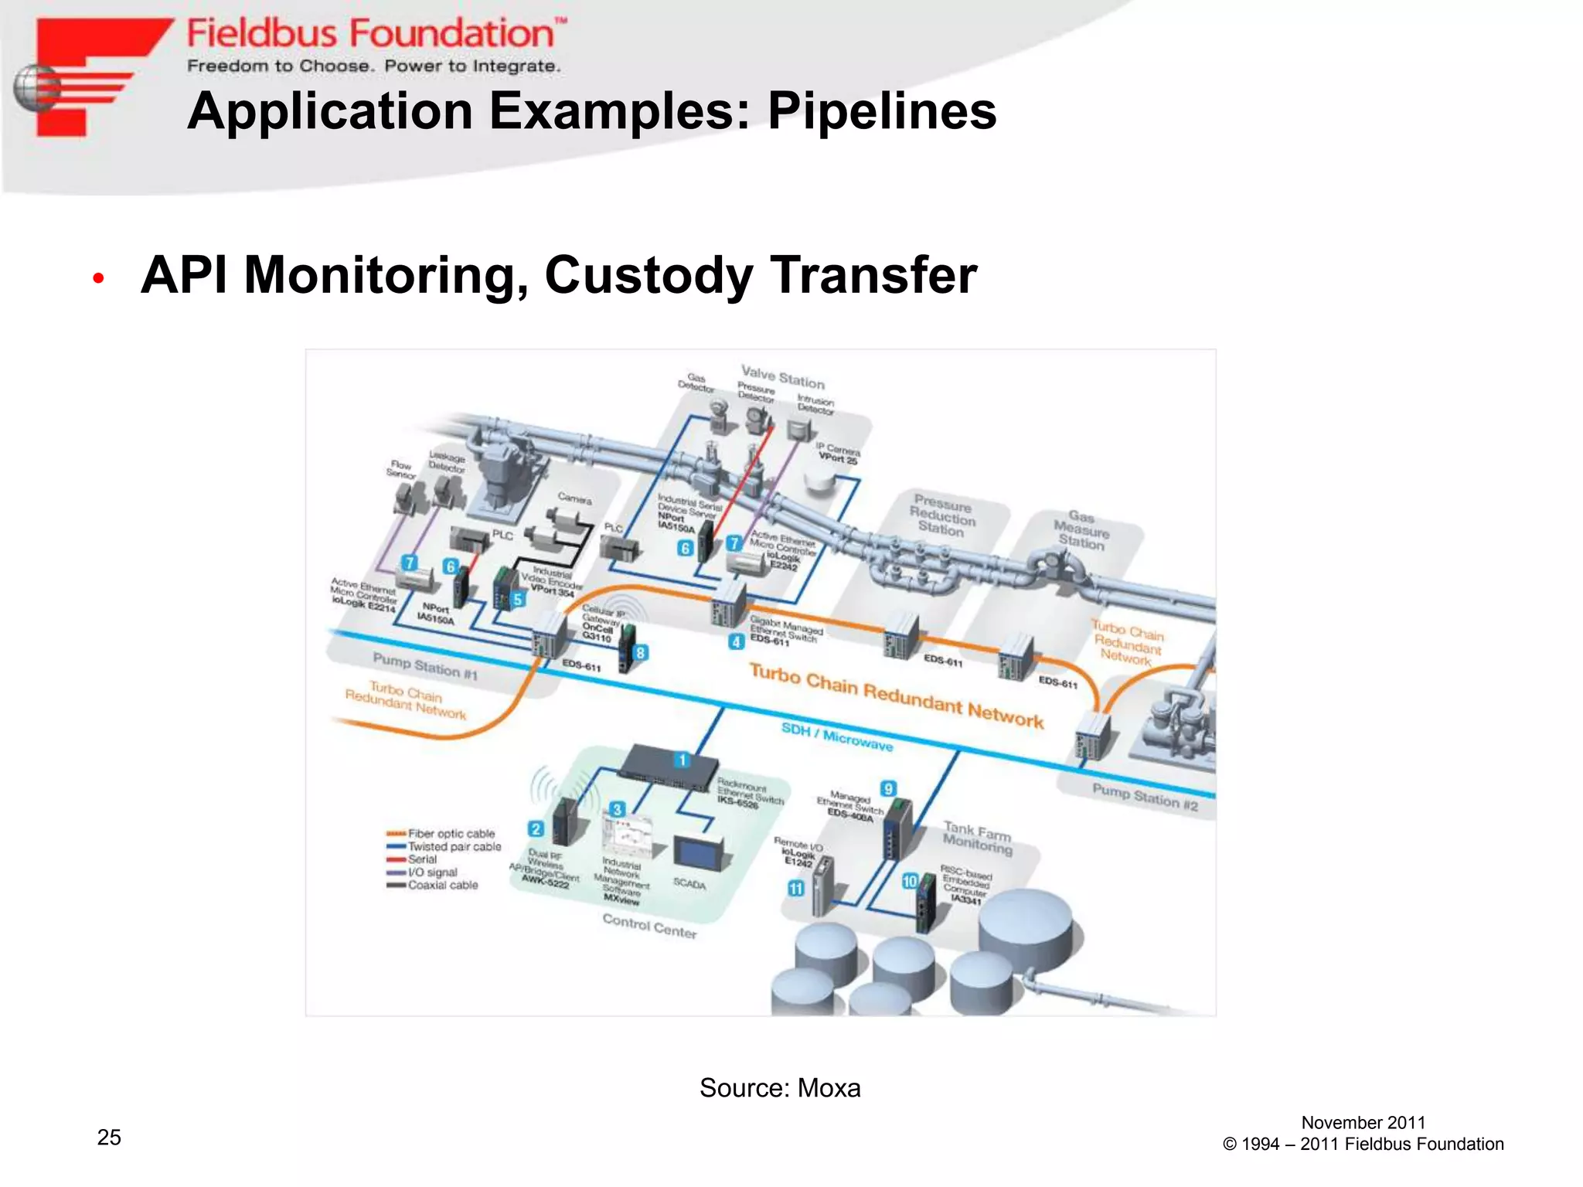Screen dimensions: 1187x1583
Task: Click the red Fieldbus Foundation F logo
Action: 85,77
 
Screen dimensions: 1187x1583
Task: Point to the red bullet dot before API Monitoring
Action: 98,279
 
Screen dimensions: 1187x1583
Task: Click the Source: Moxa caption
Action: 779,1088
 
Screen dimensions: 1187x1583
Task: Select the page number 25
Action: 109,1137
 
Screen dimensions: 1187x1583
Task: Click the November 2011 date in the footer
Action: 1363,1123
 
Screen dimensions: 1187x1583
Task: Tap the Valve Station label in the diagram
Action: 782,377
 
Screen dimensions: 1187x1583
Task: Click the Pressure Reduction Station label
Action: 942,515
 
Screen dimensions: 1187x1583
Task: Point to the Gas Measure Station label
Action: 1081,529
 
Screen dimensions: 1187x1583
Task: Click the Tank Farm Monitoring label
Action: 977,838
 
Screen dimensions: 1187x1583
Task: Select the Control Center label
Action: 649,926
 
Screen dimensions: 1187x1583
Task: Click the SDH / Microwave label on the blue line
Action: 836,736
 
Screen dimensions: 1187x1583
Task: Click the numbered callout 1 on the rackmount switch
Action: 682,760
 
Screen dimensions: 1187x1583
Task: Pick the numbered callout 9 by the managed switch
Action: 888,789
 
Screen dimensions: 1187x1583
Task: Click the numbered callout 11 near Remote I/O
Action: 795,889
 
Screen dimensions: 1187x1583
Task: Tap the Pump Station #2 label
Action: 1145,796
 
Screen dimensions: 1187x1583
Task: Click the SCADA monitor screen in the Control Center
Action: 697,851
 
